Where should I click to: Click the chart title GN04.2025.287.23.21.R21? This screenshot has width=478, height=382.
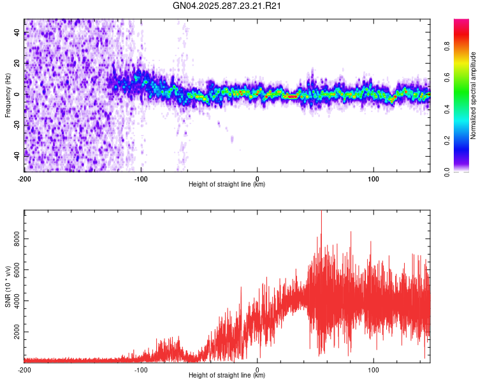pos(228,6)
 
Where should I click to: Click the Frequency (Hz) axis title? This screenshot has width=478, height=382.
pos(8,95)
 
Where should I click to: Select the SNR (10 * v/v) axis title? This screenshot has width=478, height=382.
pos(8,286)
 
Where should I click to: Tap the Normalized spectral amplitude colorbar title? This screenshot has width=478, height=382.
pos(473,95)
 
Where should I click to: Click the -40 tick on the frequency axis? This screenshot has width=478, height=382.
pos(17,155)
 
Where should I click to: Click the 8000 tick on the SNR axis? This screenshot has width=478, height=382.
pos(13,239)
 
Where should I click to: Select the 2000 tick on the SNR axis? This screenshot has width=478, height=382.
pos(13,332)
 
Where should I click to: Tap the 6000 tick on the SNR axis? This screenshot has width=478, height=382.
pos(13,271)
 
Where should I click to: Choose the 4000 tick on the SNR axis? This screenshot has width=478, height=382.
pos(13,302)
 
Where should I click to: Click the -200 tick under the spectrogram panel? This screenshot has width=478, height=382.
pos(24,178)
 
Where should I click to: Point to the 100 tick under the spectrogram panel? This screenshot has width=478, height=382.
pos(373,178)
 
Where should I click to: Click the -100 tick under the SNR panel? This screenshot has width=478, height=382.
pos(141,369)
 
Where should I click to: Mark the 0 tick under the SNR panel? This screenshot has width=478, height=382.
pos(257,369)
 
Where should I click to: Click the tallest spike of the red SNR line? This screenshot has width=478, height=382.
pos(321,213)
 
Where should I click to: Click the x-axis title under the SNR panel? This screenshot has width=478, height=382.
pos(227,376)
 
